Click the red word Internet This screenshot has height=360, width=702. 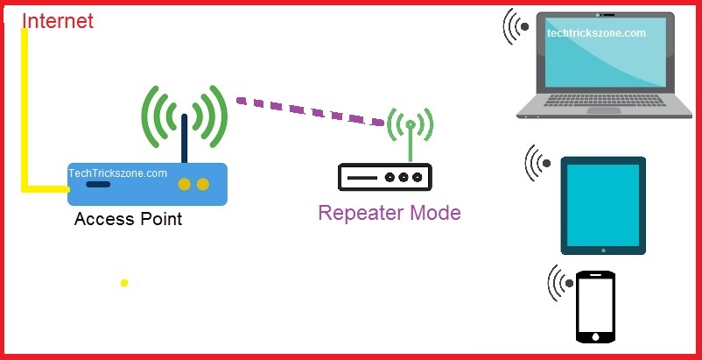coord(57,20)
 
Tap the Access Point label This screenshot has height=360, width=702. coord(128,219)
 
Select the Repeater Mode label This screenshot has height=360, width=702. coord(389,213)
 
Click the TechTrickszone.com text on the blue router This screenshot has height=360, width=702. coord(117,173)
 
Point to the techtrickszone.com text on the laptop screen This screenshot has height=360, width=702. coord(596,33)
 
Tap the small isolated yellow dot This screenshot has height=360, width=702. coord(124,283)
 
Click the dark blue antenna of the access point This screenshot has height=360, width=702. coord(186,138)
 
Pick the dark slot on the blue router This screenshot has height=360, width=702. coord(99,184)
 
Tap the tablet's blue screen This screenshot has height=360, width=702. coord(603,204)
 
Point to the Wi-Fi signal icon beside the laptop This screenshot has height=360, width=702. coord(516,26)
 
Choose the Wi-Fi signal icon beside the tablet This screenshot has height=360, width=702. coord(538,164)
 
